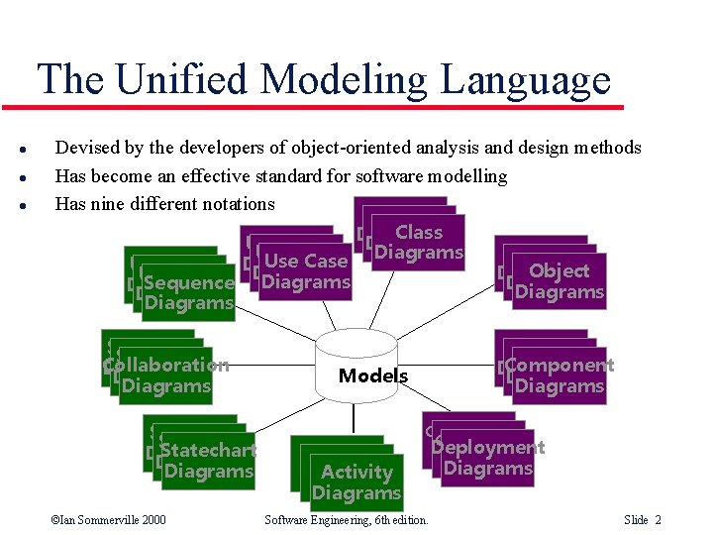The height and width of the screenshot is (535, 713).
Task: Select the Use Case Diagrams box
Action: tap(305, 271)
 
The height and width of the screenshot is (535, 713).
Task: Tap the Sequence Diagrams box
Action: tap(188, 292)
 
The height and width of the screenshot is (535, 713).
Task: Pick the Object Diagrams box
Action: tap(559, 281)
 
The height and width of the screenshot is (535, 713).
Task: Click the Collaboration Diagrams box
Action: tap(165, 376)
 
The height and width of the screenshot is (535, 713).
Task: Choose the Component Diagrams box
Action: tap(559, 375)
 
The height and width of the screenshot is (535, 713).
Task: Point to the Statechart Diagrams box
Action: tap(208, 461)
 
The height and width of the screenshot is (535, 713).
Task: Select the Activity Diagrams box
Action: tap(356, 482)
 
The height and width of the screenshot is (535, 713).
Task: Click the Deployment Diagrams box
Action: tap(487, 458)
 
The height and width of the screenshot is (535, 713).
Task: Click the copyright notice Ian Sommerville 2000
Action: tap(108, 520)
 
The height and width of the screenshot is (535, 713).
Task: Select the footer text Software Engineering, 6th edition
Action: tap(346, 520)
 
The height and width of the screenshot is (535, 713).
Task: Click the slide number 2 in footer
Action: tap(658, 520)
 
